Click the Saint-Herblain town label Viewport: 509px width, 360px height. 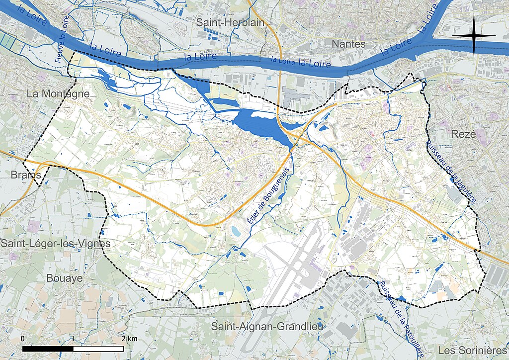pos(230,22)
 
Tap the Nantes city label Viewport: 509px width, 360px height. pos(348,44)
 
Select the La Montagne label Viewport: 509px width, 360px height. pos(58,93)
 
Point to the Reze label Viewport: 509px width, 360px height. pos(464,134)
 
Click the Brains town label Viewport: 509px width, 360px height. pos(25,176)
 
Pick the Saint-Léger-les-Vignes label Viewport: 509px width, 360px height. pos(55,243)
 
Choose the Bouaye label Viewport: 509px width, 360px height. pos(65,278)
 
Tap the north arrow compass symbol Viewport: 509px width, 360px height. pos(474,35)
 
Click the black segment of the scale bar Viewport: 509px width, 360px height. pos(48,349)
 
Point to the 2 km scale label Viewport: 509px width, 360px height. pos(128,339)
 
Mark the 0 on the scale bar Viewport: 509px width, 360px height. pos(23,339)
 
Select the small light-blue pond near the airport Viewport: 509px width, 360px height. pos(235,230)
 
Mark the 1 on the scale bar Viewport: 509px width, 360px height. pos(73,339)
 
